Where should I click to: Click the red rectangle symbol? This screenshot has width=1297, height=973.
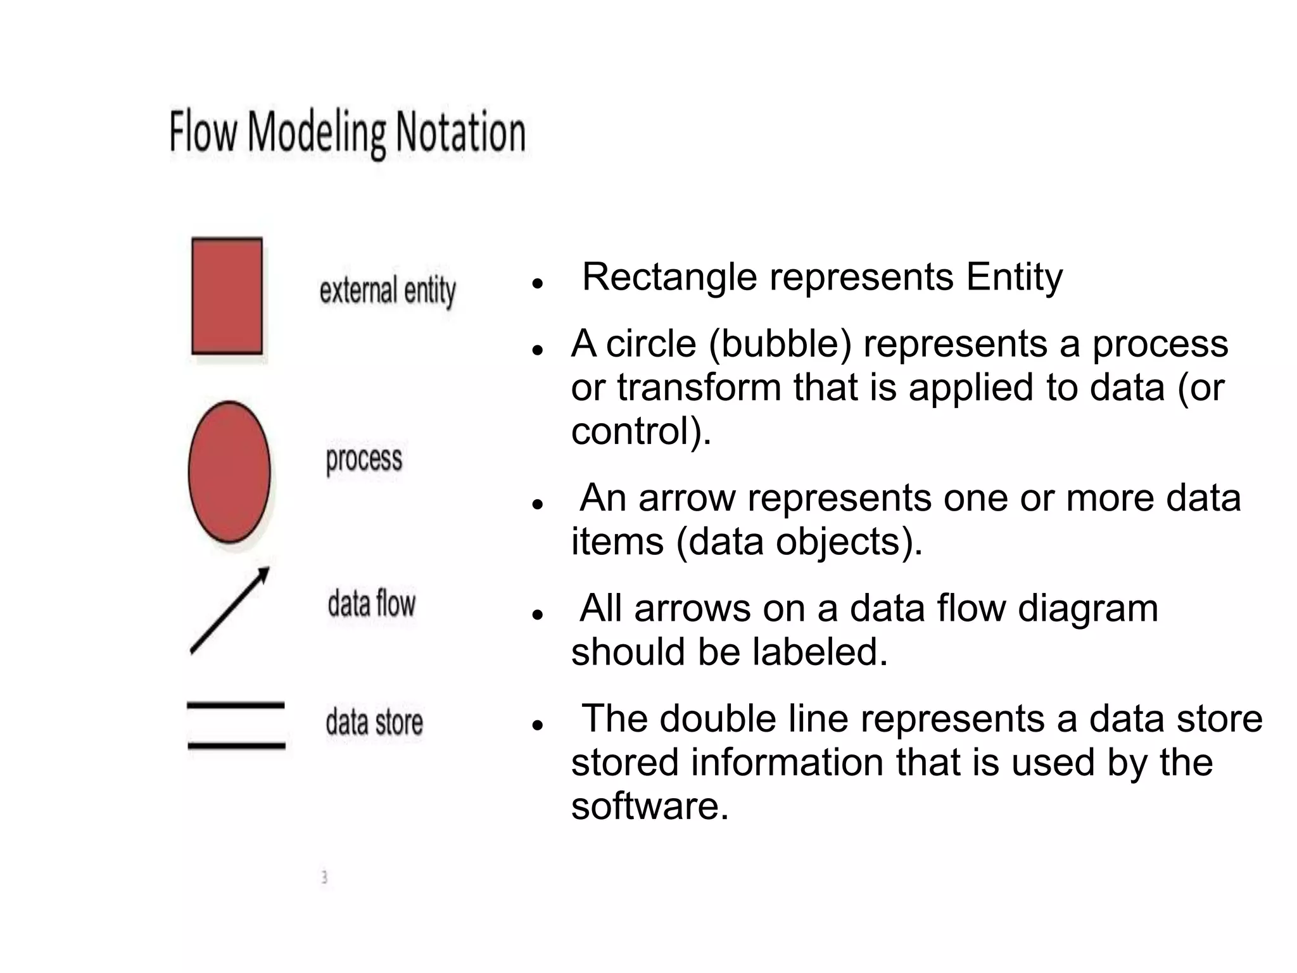pyautogui.click(x=227, y=296)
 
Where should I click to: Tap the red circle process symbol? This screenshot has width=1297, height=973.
pyautogui.click(x=229, y=472)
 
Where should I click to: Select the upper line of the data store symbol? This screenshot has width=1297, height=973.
pyautogui.click(x=236, y=705)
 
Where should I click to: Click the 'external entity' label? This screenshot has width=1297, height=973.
pyautogui.click(x=388, y=291)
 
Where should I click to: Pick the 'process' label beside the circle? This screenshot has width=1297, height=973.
pyautogui.click(x=364, y=459)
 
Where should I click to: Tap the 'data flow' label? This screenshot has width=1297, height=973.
pyautogui.click(x=372, y=603)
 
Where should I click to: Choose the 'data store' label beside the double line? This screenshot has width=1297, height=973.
pyautogui.click(x=374, y=722)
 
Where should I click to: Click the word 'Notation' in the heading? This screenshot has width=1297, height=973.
pyautogui.click(x=460, y=132)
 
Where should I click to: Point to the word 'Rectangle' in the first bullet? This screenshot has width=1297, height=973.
pyautogui.click(x=669, y=277)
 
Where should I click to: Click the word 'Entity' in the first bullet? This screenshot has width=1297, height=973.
pyautogui.click(x=1014, y=277)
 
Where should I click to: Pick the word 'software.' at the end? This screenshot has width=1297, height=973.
pyautogui.click(x=650, y=806)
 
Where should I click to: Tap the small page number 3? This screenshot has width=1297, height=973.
pyautogui.click(x=324, y=877)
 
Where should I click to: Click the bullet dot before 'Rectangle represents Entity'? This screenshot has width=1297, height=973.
pyautogui.click(x=538, y=283)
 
